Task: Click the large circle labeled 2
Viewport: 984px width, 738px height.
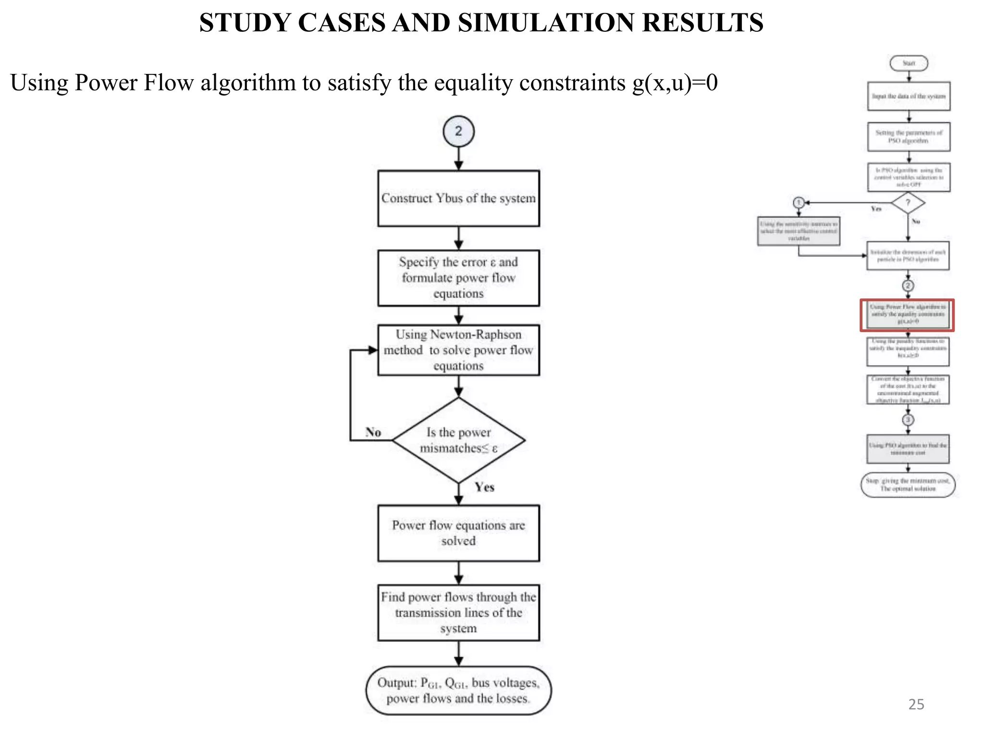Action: (458, 131)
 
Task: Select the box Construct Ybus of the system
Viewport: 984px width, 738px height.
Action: (458, 198)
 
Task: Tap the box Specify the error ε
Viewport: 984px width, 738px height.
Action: (458, 278)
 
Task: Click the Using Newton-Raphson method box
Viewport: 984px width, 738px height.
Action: (458, 350)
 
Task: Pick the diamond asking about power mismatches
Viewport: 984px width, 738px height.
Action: (458, 440)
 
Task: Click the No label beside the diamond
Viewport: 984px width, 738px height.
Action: (373, 432)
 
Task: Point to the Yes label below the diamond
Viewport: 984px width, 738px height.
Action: (484, 487)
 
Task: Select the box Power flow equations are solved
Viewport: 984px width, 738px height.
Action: (458, 533)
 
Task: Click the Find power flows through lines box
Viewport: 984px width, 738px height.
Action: (458, 613)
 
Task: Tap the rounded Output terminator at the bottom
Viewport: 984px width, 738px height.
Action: (458, 690)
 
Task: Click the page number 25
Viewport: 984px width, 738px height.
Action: (916, 704)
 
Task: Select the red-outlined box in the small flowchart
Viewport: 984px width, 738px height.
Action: (907, 315)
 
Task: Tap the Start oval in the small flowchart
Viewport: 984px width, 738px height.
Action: (909, 63)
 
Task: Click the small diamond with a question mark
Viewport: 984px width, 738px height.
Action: (908, 203)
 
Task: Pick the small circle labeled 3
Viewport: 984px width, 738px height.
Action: (908, 420)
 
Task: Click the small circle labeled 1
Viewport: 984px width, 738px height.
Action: (799, 203)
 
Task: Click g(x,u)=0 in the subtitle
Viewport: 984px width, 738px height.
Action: (675, 83)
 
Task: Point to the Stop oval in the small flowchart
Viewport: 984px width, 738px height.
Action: (908, 485)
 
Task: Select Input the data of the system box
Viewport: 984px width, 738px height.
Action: (909, 96)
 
